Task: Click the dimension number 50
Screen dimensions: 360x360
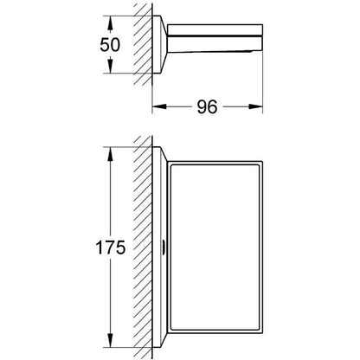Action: tap(110, 45)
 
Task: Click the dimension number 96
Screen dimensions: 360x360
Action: tap(207, 107)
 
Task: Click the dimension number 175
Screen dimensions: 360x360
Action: tap(111, 247)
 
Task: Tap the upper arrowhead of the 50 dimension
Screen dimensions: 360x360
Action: tap(110, 23)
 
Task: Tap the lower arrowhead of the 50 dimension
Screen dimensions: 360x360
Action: tap(110, 66)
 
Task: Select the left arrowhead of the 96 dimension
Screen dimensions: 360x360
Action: tap(159, 106)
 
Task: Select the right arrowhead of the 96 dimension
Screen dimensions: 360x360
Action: tap(255, 106)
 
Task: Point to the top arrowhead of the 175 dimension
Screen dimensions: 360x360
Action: tap(110, 154)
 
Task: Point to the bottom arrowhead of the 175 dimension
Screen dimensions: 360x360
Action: tap(110, 340)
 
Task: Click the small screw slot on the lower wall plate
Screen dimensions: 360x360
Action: tap(164, 247)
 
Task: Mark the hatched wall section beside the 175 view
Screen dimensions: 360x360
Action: tap(143, 247)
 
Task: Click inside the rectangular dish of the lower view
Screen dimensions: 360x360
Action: tap(215, 247)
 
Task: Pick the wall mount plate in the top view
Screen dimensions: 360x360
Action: tap(159, 44)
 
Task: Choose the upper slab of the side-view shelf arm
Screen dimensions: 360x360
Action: tap(215, 30)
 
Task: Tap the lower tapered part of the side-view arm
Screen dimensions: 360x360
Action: tap(215, 43)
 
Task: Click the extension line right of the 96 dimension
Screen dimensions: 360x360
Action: tap(263, 84)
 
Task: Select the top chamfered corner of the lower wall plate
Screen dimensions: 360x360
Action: tap(164, 154)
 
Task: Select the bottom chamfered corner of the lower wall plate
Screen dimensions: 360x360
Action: tap(164, 340)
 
